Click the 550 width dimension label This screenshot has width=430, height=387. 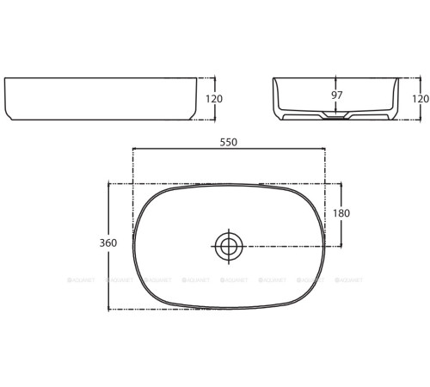(x=228, y=141)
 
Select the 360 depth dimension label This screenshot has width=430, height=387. (x=107, y=243)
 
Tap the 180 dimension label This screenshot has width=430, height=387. (x=341, y=213)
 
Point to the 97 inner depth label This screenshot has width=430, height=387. (x=335, y=95)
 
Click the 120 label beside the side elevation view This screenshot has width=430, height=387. (x=214, y=99)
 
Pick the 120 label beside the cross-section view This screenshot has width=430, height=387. (x=420, y=99)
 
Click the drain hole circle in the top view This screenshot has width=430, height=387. (x=229, y=247)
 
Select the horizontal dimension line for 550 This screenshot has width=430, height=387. (x=228, y=149)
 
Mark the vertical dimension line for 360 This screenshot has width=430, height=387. (x=108, y=275)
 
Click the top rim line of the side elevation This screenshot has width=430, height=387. (x=99, y=78)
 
